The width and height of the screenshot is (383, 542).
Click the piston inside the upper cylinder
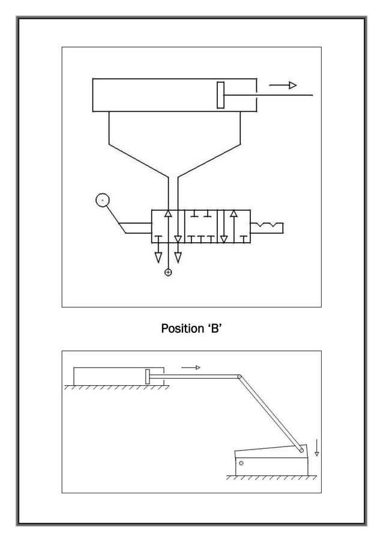(x=221, y=95)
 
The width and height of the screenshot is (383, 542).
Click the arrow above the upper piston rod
(x=283, y=85)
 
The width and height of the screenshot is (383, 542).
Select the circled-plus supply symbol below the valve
(x=168, y=273)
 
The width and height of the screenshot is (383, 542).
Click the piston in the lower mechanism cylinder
(x=148, y=377)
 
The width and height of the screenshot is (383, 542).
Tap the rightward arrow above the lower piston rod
(x=191, y=367)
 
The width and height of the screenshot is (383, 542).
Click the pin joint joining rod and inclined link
(x=239, y=377)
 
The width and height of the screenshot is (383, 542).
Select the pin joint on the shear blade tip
(x=302, y=449)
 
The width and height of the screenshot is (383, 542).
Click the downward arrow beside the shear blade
(x=317, y=448)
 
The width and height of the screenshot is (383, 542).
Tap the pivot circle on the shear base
(x=241, y=463)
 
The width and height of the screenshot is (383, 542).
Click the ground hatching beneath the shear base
(x=270, y=478)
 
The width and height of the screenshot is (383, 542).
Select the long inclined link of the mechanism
(x=270, y=413)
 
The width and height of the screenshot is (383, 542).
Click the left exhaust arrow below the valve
(x=158, y=257)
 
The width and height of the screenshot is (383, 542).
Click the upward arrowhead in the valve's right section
(x=234, y=214)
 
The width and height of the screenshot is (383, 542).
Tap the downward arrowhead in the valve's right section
(x=224, y=239)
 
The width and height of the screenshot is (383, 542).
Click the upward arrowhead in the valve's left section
(x=168, y=214)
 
